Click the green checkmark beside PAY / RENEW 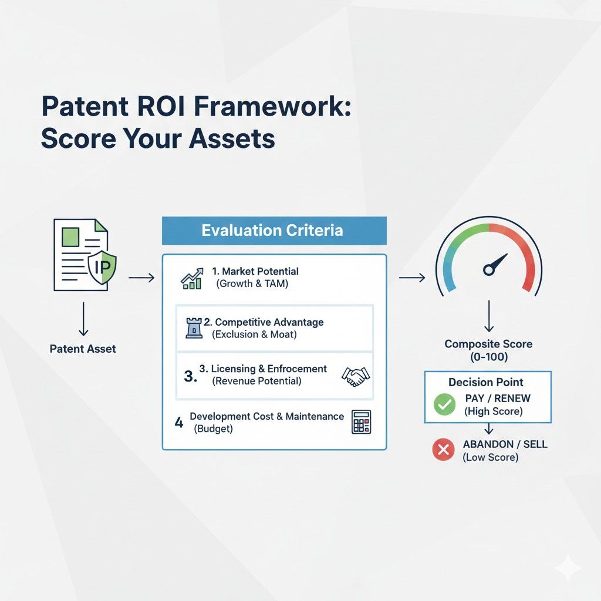pos(444,404)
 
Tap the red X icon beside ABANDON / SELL pos(444,450)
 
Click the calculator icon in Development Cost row pos(361,422)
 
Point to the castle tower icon pos(193,328)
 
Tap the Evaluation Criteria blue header pos(274,230)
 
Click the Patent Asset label pos(83,349)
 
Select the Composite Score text pos(488,345)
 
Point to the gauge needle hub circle pos(488,269)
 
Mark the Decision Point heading pos(487,382)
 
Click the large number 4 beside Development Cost pos(179,421)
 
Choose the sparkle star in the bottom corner pos(569,569)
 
